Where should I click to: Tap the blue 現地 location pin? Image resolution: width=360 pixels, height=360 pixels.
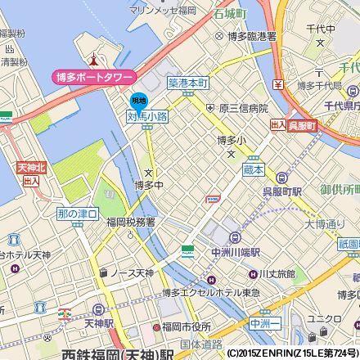(x=139, y=101)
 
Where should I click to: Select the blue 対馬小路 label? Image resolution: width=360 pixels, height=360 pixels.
(x=147, y=117)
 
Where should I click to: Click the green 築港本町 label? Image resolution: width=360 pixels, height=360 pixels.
(x=188, y=84)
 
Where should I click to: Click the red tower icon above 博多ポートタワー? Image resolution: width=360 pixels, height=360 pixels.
(x=95, y=60)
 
